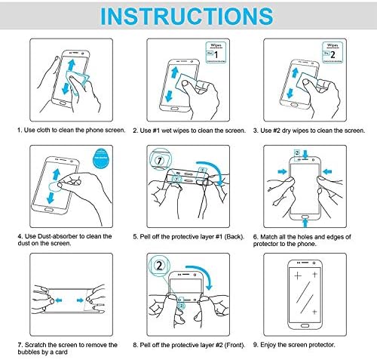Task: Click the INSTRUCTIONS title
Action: [x=186, y=16]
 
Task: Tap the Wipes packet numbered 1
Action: [x=216, y=52]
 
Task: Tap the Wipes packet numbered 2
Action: [x=333, y=52]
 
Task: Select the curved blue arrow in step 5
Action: [x=213, y=168]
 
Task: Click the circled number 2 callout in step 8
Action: [x=159, y=266]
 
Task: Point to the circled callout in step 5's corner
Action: [x=160, y=160]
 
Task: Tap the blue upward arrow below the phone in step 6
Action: [x=305, y=223]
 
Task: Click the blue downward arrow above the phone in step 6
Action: [x=305, y=154]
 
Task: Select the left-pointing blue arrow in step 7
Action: [x=59, y=300]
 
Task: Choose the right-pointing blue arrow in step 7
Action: [x=80, y=300]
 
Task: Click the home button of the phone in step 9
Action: [x=305, y=326]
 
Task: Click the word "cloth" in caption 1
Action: [x=44, y=131]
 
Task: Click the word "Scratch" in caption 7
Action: [x=35, y=345]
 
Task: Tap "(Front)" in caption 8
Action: [x=234, y=345]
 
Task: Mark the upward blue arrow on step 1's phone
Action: [x=72, y=65]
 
